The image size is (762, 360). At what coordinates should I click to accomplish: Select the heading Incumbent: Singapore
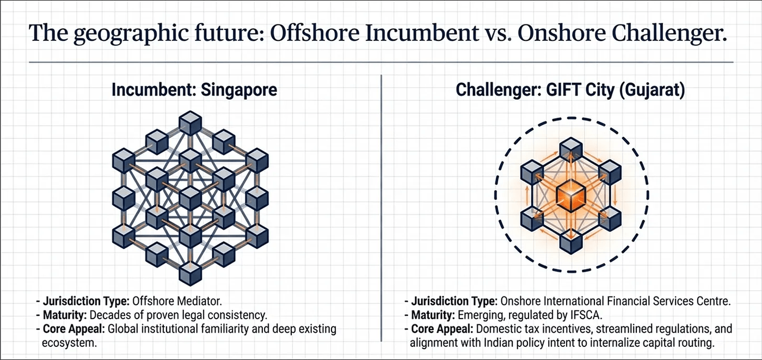194,89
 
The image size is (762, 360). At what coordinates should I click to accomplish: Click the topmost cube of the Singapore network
190,123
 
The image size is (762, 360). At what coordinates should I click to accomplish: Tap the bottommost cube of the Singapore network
190,272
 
